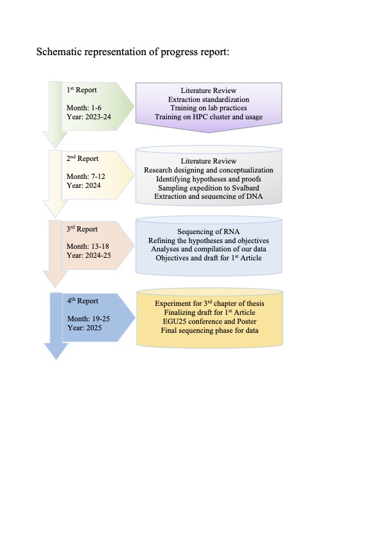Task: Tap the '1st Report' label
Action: tap(82, 90)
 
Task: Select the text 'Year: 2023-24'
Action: tap(89, 117)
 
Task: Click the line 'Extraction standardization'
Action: tap(209, 99)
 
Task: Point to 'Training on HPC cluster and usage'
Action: tap(209, 117)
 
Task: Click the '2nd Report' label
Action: tap(82, 158)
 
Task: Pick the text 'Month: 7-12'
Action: tap(86, 176)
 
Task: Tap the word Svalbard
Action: tap(246, 188)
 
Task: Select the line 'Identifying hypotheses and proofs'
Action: tap(209, 179)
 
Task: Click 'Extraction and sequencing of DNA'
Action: tap(209, 196)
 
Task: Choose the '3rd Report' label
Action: tap(82, 229)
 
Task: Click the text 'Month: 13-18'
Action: tap(88, 246)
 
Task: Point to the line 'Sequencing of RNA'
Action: tap(209, 232)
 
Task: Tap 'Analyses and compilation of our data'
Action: tap(209, 249)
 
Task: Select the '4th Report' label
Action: tap(83, 301)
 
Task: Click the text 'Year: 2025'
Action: tap(85, 328)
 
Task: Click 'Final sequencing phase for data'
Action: tap(209, 330)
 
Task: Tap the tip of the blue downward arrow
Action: tap(56, 360)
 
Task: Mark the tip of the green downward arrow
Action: tap(55, 148)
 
